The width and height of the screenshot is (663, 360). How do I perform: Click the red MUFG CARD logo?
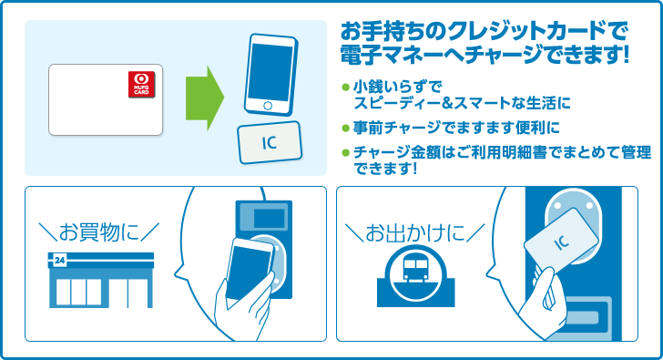[x=142, y=84]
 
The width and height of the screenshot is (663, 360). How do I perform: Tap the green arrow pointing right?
[x=205, y=98]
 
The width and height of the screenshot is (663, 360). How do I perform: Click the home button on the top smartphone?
[x=268, y=106]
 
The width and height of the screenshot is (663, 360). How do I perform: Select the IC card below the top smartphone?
[x=270, y=142]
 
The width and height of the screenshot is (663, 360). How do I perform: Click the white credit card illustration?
[x=106, y=100]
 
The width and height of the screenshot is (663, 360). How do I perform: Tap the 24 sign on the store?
[x=59, y=261]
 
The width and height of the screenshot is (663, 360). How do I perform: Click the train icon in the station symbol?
[x=416, y=267]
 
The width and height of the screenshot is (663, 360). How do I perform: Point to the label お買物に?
[x=99, y=232]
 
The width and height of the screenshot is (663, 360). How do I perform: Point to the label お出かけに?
[x=415, y=233]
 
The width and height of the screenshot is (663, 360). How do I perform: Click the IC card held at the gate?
[x=561, y=241]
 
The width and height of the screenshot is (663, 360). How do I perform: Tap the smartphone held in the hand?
[x=249, y=269]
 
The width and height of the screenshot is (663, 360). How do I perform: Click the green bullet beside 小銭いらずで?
[x=345, y=87]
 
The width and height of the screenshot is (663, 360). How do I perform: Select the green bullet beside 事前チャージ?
[x=345, y=128]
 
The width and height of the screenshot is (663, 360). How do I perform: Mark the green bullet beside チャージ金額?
[x=345, y=152]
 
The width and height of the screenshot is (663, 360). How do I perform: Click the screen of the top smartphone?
[x=270, y=71]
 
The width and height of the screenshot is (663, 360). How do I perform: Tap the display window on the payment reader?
[x=269, y=219]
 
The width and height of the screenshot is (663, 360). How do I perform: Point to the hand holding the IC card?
[x=544, y=303]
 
